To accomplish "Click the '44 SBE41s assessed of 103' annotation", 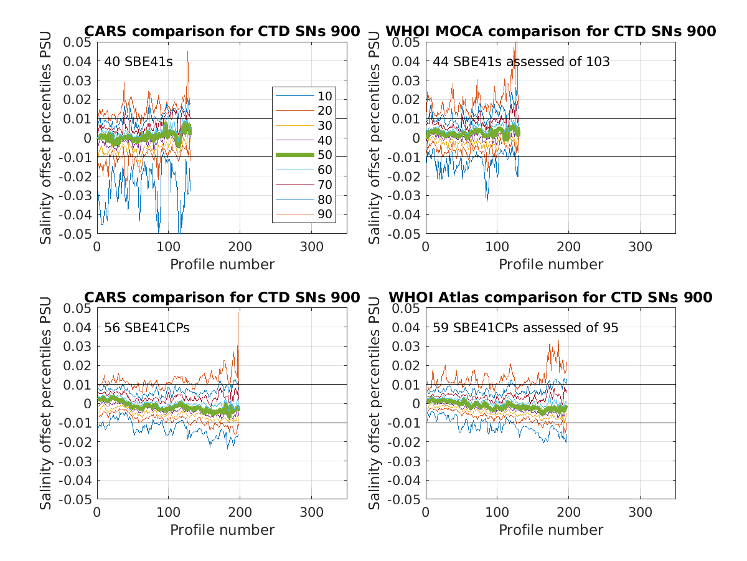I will point(521,62).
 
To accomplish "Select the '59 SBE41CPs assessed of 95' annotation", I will point(525,327).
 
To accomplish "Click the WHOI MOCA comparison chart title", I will point(550,31).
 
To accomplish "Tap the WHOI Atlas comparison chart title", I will point(550,297).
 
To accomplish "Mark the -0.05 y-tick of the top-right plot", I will point(406,234).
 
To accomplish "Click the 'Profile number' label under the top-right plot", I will point(550,264).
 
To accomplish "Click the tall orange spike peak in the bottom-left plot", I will point(238,312).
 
